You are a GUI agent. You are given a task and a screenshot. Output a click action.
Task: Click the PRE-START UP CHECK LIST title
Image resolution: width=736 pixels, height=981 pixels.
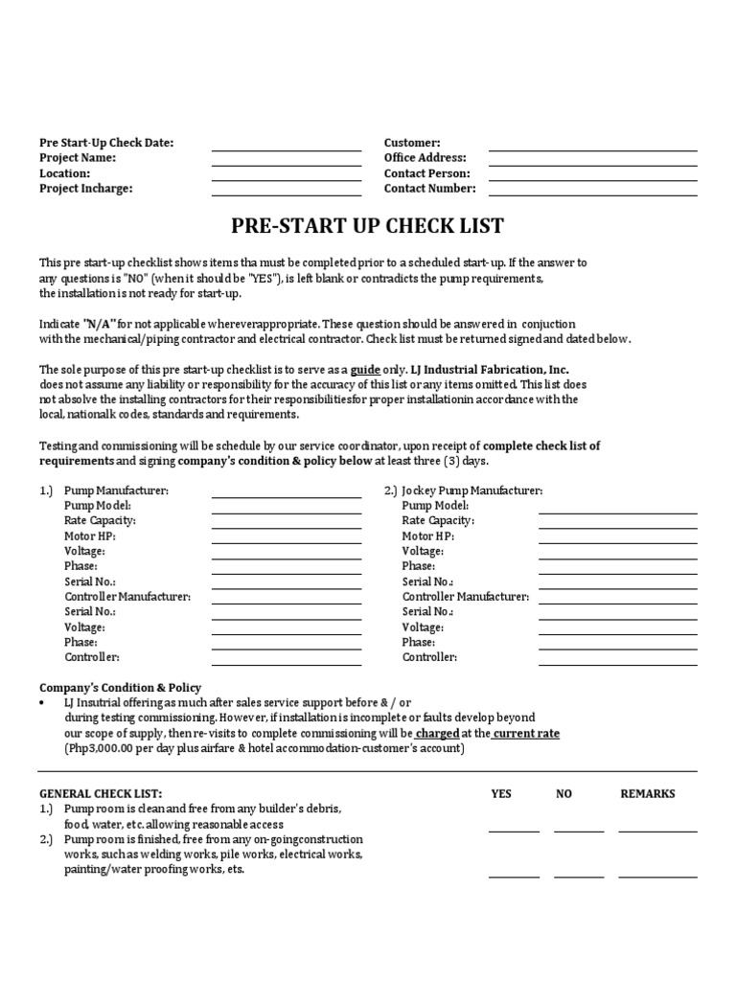coord(367,227)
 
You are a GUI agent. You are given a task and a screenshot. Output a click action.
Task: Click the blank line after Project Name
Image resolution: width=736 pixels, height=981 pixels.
coord(286,164)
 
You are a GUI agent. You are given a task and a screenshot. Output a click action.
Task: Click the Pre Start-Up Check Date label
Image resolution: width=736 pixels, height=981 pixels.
coord(106,143)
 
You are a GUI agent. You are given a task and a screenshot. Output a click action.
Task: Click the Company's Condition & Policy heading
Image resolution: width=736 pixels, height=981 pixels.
coord(119,687)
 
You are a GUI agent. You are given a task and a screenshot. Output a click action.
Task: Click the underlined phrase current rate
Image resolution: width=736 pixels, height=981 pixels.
coord(527,733)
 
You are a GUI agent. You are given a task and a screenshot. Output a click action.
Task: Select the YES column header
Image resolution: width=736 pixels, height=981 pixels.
coord(501,793)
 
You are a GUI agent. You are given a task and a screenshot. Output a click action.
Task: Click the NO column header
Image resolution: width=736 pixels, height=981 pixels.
coord(563,793)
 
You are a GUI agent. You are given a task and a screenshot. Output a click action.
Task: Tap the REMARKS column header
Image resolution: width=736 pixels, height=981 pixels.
coord(648,793)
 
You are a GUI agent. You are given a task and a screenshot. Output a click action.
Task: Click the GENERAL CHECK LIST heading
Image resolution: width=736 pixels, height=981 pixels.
coord(101,794)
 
